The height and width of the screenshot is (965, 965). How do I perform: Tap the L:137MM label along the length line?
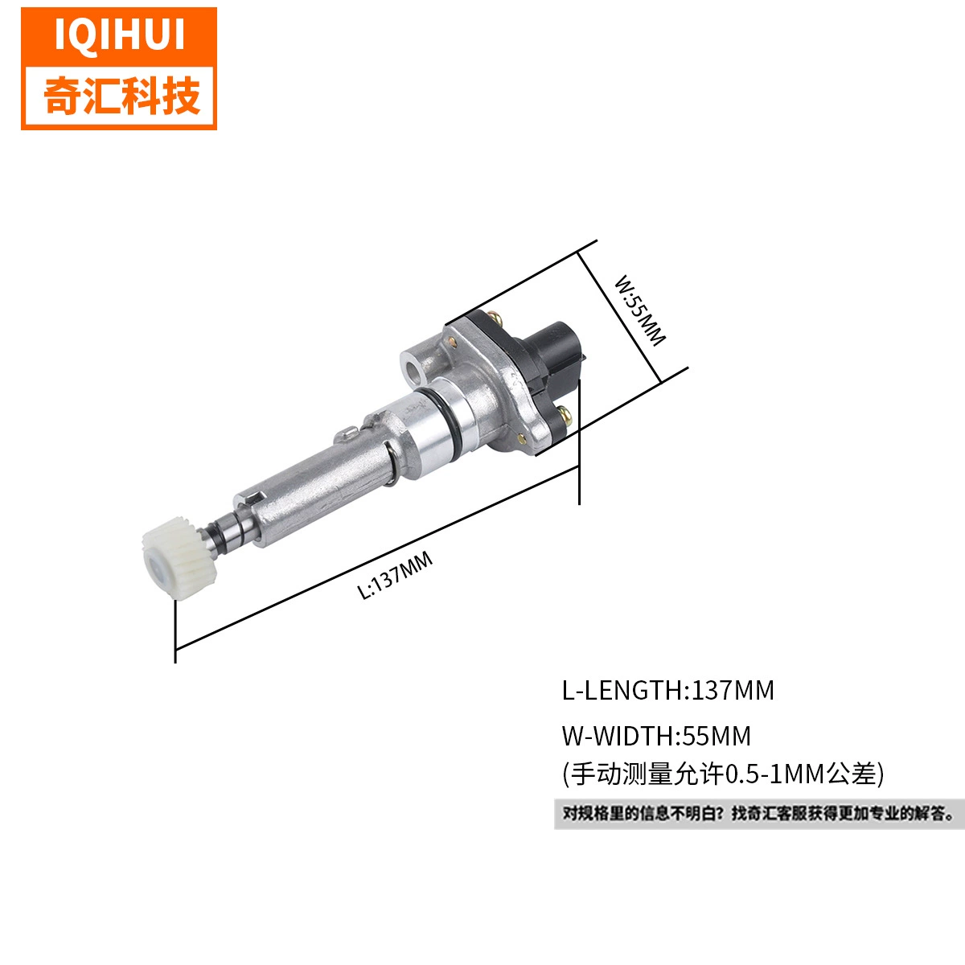click(x=395, y=575)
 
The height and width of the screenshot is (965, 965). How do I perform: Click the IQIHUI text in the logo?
click(x=120, y=34)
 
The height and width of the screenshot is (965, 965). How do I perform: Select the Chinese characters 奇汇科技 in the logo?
click(x=121, y=96)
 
